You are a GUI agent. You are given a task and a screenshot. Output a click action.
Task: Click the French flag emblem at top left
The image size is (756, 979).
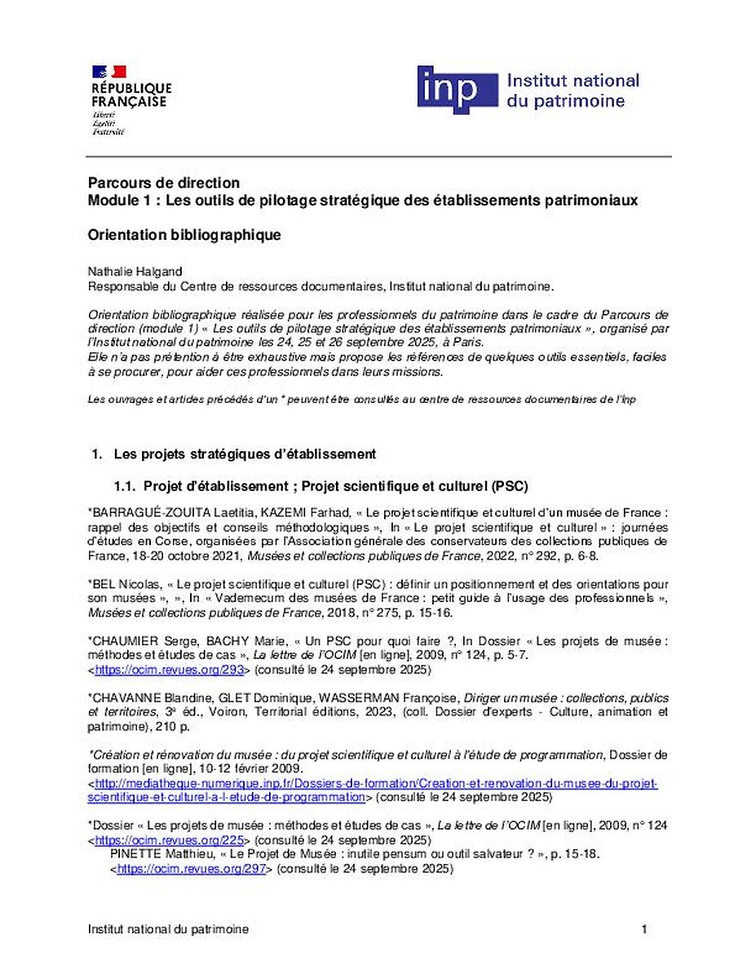pos(108,72)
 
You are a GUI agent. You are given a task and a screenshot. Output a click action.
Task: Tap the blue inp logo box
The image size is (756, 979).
pos(457,90)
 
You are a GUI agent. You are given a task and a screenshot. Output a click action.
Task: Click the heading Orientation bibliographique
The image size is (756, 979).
pos(184,235)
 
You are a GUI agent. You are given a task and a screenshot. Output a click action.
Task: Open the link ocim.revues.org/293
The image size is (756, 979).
pos(170,670)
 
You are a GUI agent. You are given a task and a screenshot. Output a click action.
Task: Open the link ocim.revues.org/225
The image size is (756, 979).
pos(170,839)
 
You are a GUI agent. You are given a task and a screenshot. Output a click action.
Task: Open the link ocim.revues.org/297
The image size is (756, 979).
pos(192,869)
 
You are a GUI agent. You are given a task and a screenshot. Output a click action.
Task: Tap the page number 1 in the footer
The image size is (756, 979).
pos(644,929)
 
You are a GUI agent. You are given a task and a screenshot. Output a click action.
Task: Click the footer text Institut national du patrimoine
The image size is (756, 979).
pos(168,929)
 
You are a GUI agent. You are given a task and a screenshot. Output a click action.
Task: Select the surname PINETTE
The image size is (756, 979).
pos(135,854)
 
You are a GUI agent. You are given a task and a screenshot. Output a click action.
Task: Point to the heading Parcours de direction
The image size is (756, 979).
pos(164,183)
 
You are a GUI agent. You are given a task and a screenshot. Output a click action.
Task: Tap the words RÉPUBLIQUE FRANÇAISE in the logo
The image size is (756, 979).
pos(130,95)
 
